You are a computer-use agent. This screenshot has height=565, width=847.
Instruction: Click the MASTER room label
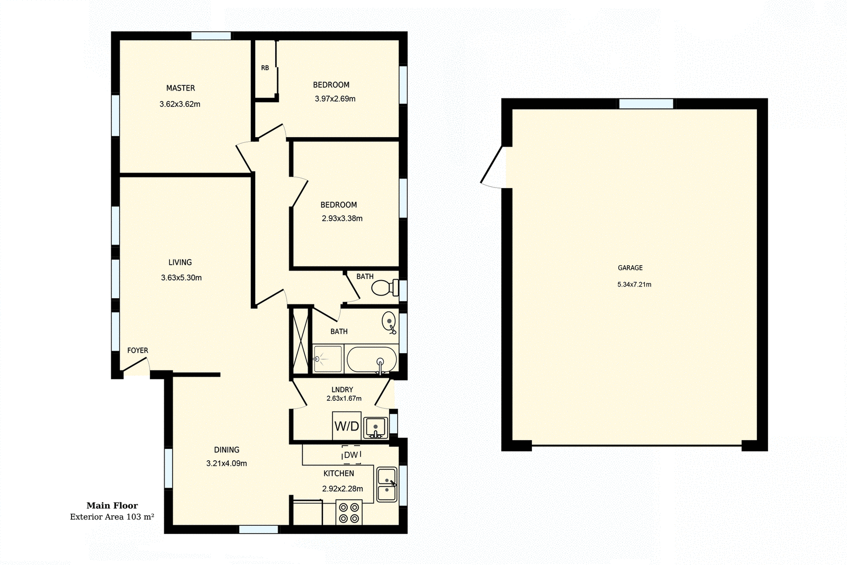point(181,88)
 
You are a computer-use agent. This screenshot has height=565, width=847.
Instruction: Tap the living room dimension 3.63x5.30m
point(181,277)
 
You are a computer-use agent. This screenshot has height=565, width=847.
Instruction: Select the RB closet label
point(265,68)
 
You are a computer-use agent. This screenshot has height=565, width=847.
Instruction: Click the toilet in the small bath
point(385,288)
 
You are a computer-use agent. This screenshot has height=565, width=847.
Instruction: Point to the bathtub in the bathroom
point(372,360)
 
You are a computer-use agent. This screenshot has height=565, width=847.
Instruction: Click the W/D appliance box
point(347,426)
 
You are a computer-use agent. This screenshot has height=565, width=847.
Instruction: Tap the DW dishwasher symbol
point(350,455)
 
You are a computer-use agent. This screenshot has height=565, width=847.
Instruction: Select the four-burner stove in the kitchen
point(349,512)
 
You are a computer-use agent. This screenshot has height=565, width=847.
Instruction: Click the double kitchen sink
point(387,485)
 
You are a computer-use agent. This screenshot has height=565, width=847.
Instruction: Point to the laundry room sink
point(376,426)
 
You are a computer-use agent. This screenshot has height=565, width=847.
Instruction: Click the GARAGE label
point(630,268)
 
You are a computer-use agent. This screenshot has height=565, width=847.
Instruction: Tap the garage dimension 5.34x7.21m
point(634,284)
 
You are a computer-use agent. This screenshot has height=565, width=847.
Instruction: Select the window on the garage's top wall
point(646,104)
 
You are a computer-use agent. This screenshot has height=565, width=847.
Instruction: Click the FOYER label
point(138,351)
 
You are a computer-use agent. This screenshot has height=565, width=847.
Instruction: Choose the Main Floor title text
point(112,506)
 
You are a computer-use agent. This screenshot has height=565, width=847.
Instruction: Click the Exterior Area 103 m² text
point(112,517)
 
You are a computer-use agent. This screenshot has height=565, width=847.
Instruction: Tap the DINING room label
point(227,450)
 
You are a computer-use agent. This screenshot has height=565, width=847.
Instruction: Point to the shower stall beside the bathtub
point(328,359)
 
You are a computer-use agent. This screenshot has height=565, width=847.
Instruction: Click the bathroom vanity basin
point(389,321)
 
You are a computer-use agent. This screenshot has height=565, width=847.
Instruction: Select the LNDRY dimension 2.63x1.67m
point(344,398)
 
